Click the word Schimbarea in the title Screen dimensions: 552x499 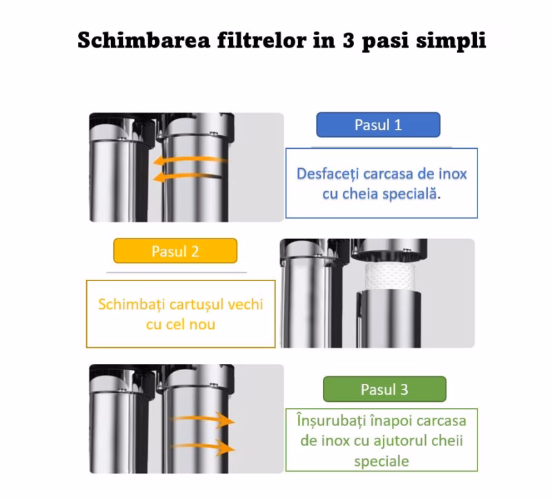coord(144,40)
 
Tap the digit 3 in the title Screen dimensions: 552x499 coord(348,40)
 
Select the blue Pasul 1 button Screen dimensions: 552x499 coord(378,125)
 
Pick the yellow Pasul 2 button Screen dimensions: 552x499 coord(175,251)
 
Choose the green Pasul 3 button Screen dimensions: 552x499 coord(384,389)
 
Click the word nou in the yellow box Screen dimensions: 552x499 coord(202,325)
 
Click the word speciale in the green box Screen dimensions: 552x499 coord(382,461)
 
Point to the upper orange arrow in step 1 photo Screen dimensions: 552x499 coord(190,161)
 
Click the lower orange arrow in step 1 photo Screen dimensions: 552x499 coord(187,176)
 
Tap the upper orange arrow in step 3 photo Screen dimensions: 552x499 coord(204,419)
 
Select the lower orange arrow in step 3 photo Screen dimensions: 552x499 coord(204,447)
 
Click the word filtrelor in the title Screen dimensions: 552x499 coord(262,40)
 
